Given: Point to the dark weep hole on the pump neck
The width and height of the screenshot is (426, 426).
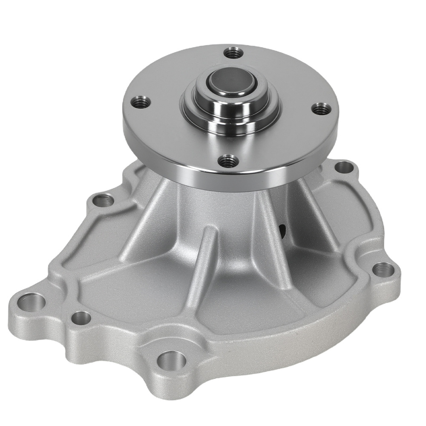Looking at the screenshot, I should [x=281, y=230].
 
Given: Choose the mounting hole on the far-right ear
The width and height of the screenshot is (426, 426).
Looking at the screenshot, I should [x=383, y=269].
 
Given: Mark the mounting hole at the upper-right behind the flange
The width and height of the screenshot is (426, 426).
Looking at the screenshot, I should [x=343, y=167].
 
